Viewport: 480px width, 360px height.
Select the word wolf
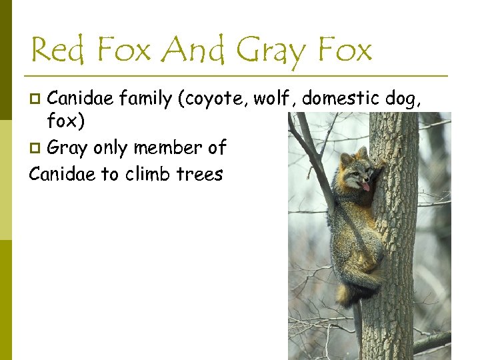click(275, 99)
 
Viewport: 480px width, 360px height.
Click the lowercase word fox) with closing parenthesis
click(66, 123)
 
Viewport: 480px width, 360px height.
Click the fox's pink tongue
click(365, 187)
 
